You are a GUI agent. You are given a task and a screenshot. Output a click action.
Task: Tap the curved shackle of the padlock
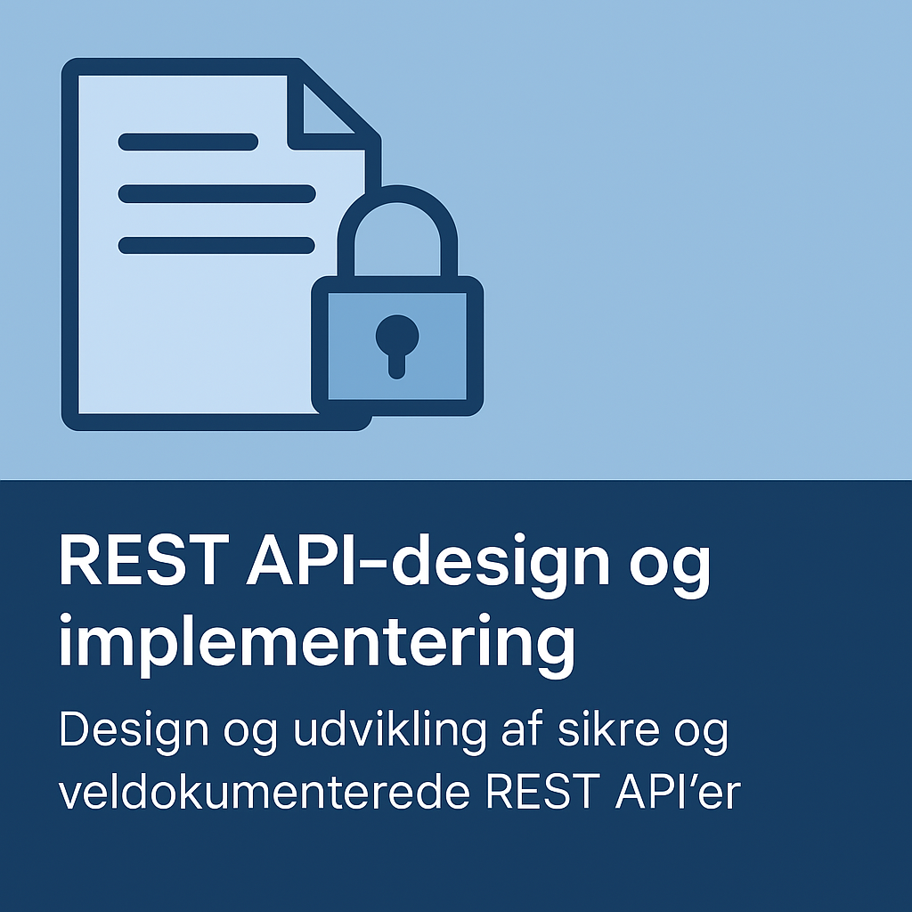point(397,195)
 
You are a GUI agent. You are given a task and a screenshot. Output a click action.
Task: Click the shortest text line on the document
point(188,142)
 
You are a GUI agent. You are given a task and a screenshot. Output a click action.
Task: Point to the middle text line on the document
point(217,193)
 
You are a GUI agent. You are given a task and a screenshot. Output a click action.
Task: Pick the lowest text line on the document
point(216,246)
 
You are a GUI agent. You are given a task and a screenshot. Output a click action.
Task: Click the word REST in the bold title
point(144,562)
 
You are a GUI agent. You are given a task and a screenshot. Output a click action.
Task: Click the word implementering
point(317,647)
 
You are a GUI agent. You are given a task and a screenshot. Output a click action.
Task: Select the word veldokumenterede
point(264,792)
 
